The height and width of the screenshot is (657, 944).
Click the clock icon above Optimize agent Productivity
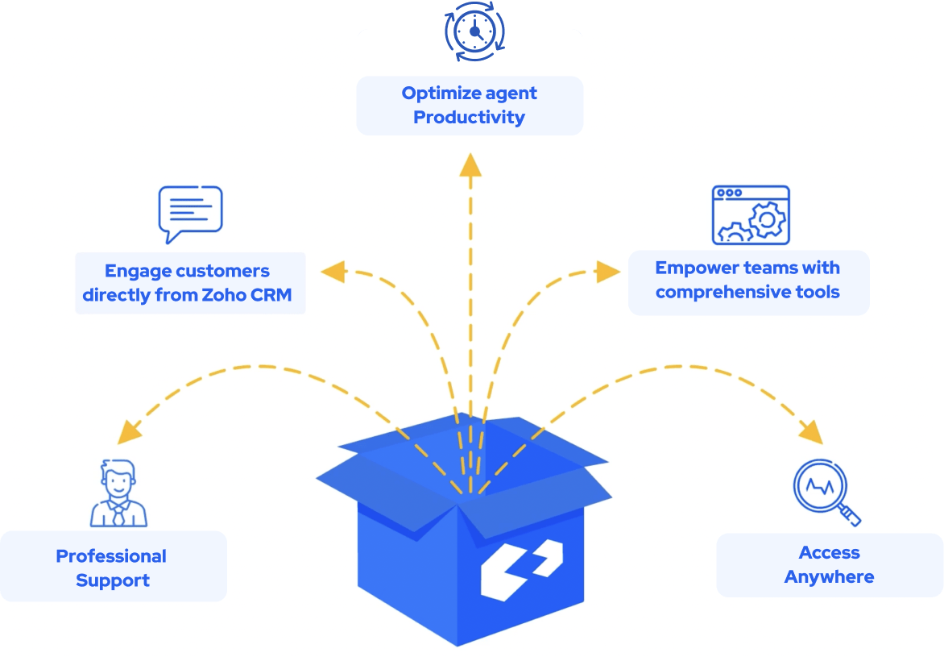pos(474,33)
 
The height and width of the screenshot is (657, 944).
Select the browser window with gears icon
pos(751,215)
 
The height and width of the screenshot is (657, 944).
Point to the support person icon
pos(118,493)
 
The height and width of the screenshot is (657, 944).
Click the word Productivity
pos(469,118)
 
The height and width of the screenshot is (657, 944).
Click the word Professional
pos(111,556)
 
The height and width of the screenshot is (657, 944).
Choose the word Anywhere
pos(829,577)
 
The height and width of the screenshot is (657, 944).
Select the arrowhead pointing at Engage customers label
pos(332,271)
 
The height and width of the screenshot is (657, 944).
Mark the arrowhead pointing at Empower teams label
pos(608,271)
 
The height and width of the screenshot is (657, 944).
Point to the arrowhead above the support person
pos(129,433)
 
